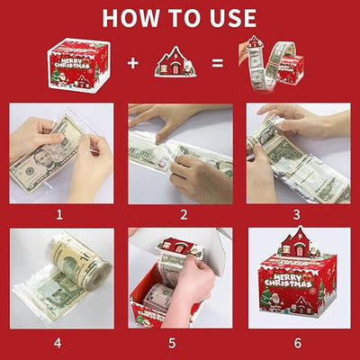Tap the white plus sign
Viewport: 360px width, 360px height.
132,64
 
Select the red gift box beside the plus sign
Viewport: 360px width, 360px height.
78,63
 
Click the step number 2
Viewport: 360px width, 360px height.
180,215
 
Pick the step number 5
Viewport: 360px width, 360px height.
180,342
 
